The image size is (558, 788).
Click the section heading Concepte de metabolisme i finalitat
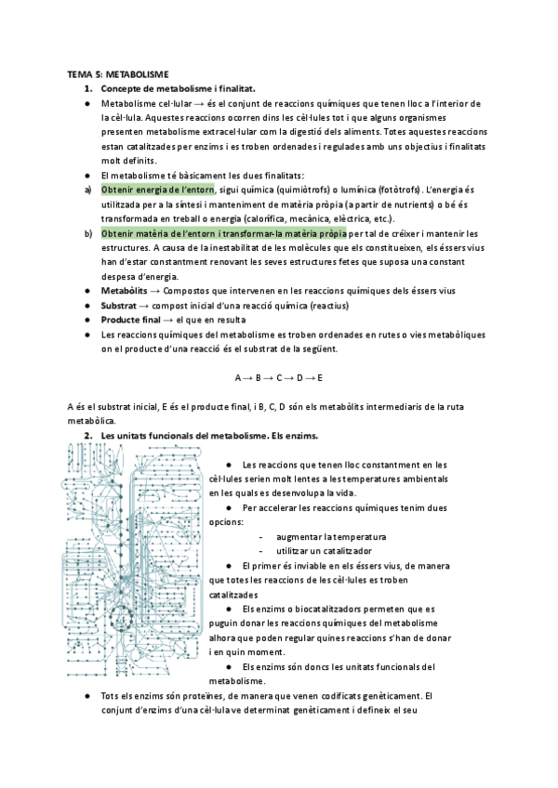point(177,88)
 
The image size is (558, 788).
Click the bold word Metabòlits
point(125,291)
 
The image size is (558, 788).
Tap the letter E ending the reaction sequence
point(319,377)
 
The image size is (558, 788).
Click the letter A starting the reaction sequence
point(238,377)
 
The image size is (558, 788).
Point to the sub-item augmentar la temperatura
point(325,538)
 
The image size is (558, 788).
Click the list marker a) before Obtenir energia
point(87,190)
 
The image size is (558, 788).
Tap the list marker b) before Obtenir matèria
point(87,232)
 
